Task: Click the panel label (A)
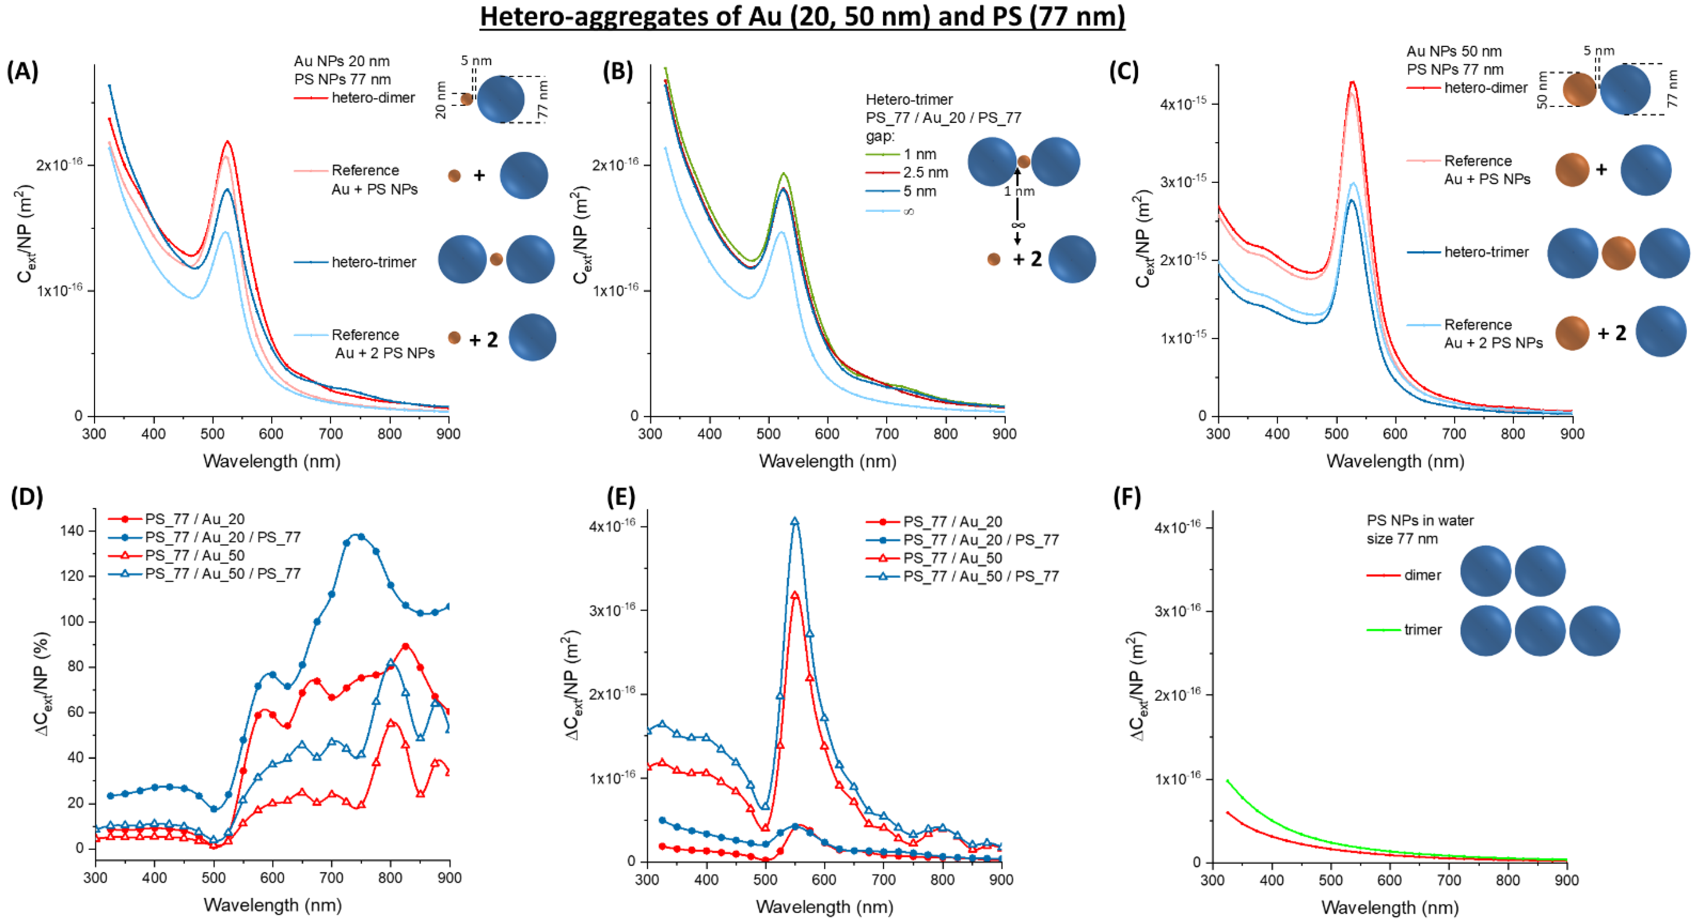point(22,70)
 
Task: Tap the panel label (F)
point(1126,497)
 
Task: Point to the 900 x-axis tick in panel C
point(1572,434)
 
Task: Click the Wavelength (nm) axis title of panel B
point(827,461)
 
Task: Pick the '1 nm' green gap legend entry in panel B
point(919,154)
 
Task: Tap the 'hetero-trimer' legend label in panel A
point(374,262)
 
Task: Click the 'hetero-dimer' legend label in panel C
point(1485,88)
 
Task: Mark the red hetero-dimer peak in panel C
point(1352,82)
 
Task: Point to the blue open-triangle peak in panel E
point(795,521)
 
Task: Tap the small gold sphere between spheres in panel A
point(496,260)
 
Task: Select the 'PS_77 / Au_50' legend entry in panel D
point(195,556)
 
